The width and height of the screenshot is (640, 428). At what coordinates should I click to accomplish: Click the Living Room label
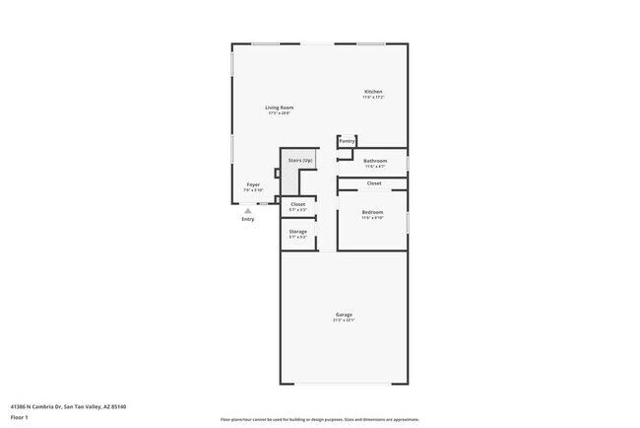point(279,107)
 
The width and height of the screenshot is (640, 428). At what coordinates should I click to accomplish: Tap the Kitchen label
point(372,92)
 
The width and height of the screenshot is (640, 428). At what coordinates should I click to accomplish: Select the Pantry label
point(347,141)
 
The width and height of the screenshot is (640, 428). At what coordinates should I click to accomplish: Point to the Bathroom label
point(375,161)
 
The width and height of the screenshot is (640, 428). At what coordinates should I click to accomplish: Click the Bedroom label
point(372,212)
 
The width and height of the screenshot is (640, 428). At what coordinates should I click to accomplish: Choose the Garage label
point(344,315)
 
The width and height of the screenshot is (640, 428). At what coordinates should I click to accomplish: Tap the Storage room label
point(297,232)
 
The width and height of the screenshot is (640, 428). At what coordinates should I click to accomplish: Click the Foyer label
point(253,184)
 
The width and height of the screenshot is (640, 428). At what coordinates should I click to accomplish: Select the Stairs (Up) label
point(300,160)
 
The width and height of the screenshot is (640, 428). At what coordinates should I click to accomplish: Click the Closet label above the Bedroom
point(374,183)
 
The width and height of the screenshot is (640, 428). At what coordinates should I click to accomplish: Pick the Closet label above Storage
point(297,204)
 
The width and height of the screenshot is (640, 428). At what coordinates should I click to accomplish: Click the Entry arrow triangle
point(248,210)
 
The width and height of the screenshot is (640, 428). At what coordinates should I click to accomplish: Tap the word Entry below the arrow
point(248,219)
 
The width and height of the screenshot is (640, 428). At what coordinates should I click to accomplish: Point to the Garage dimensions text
point(344,321)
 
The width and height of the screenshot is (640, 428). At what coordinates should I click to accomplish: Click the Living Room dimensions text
point(279,113)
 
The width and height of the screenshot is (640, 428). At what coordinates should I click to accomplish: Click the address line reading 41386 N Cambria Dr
point(68,405)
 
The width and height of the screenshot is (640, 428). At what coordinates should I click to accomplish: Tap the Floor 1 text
point(20,416)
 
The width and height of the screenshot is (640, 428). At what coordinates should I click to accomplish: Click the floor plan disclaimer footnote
point(319,419)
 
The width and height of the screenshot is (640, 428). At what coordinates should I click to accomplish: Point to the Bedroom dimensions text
point(372,218)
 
